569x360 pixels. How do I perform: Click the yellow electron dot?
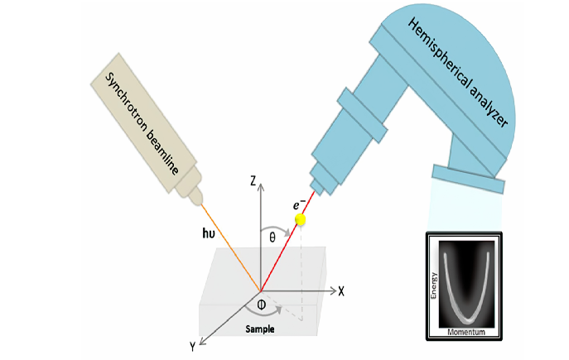[300, 220]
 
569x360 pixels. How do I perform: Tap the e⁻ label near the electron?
[290, 202]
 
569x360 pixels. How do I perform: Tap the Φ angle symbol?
[261, 305]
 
